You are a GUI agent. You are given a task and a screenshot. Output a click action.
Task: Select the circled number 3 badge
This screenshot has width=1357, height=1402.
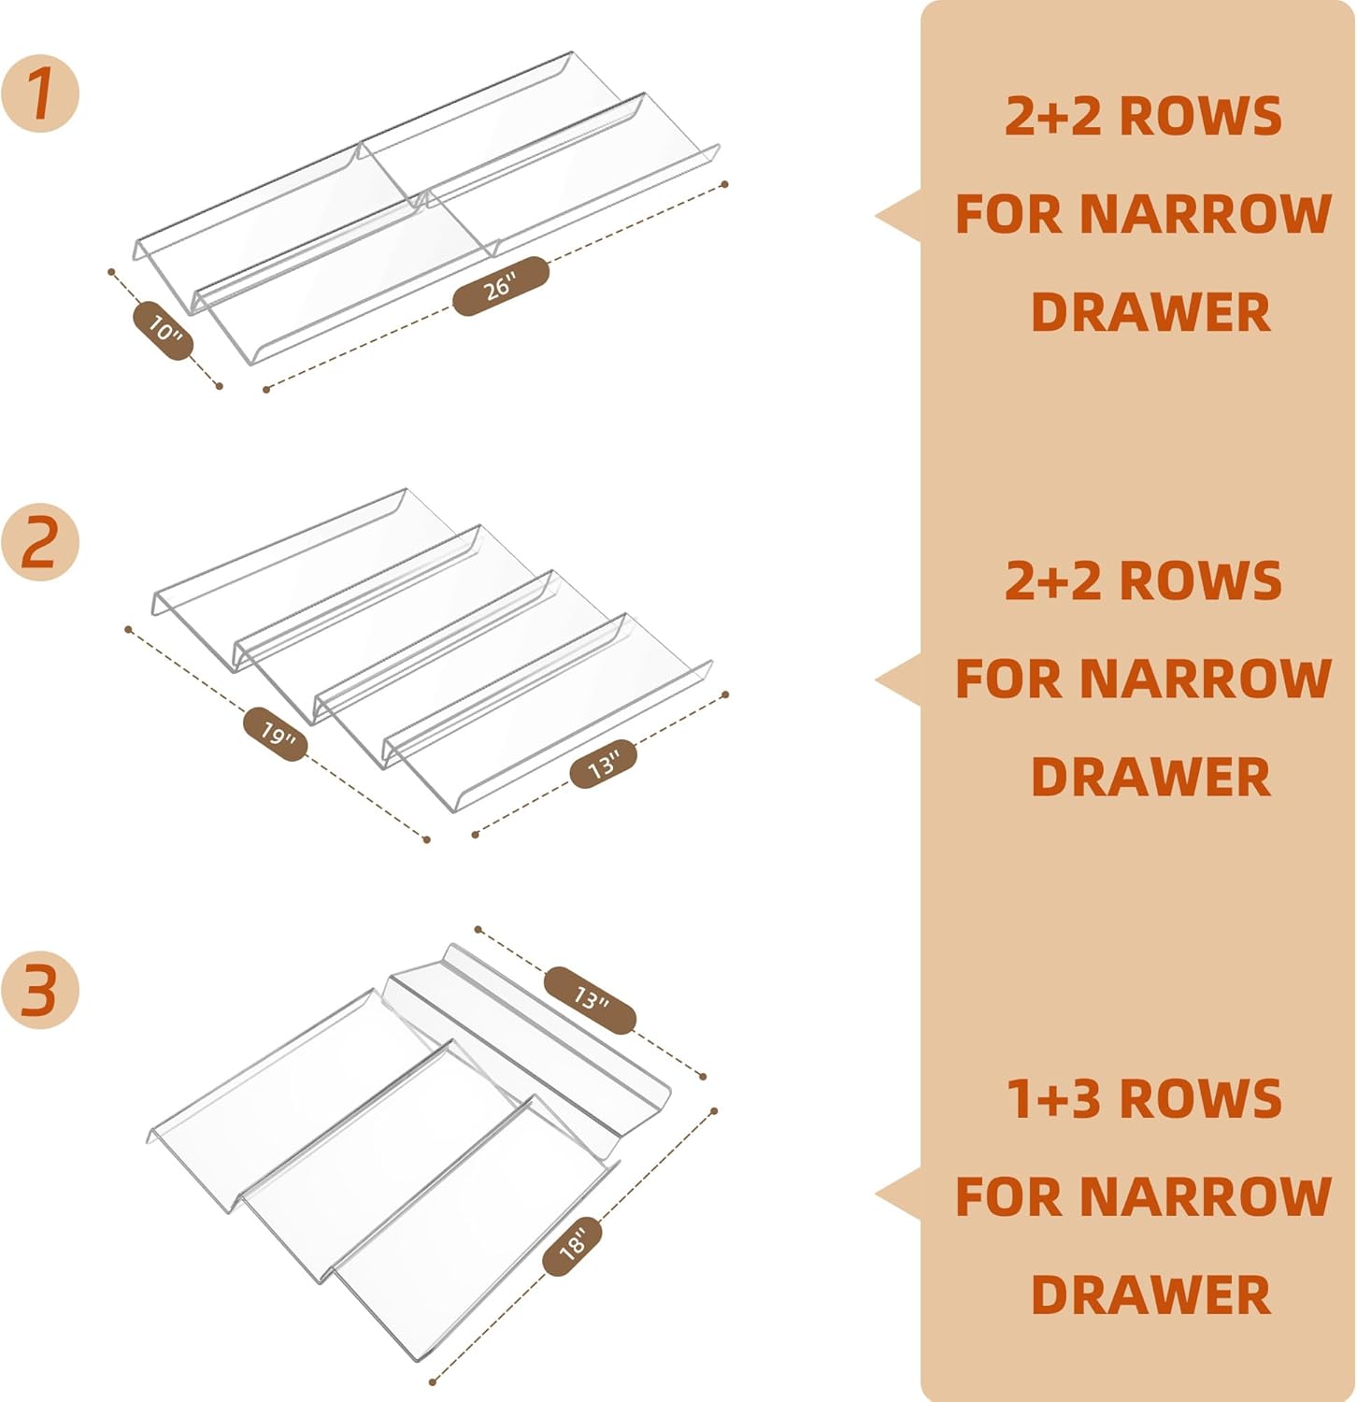click(x=40, y=990)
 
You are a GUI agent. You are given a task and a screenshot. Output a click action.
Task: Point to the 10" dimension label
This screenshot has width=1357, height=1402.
click(x=164, y=330)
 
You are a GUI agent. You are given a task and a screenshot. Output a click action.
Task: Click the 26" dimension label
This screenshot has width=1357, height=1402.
click(x=501, y=286)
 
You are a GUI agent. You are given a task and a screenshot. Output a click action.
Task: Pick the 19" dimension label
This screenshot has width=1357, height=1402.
click(x=276, y=735)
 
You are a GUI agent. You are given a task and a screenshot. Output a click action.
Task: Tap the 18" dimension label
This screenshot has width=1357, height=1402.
click(x=572, y=1245)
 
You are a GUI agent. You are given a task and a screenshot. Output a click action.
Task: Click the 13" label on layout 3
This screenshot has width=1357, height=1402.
click(x=590, y=1000)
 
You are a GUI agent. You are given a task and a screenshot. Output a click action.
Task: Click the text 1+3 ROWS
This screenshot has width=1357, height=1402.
click(x=1143, y=1098)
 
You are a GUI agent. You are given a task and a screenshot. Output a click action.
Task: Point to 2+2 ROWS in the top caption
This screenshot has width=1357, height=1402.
click(x=1143, y=116)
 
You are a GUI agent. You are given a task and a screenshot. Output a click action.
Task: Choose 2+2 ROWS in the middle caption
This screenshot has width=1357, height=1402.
click(x=1143, y=580)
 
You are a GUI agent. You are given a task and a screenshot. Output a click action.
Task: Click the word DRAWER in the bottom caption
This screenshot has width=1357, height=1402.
click(x=1150, y=1295)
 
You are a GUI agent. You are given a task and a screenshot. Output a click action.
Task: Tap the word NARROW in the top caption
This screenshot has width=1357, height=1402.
click(x=1206, y=214)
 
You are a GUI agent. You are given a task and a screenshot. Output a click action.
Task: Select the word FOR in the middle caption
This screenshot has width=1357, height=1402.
click(x=1009, y=679)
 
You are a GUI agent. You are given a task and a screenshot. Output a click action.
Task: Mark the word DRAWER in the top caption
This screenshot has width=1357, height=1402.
click(x=1150, y=312)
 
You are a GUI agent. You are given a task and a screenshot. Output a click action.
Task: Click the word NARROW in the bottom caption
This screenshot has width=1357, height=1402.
click(x=1206, y=1196)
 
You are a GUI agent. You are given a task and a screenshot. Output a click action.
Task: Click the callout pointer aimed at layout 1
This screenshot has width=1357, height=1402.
click(x=900, y=216)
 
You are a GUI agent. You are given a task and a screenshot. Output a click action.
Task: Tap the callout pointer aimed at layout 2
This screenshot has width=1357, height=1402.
click(x=900, y=680)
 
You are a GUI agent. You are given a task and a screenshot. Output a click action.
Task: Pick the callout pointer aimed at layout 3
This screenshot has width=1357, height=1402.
click(x=900, y=1195)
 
